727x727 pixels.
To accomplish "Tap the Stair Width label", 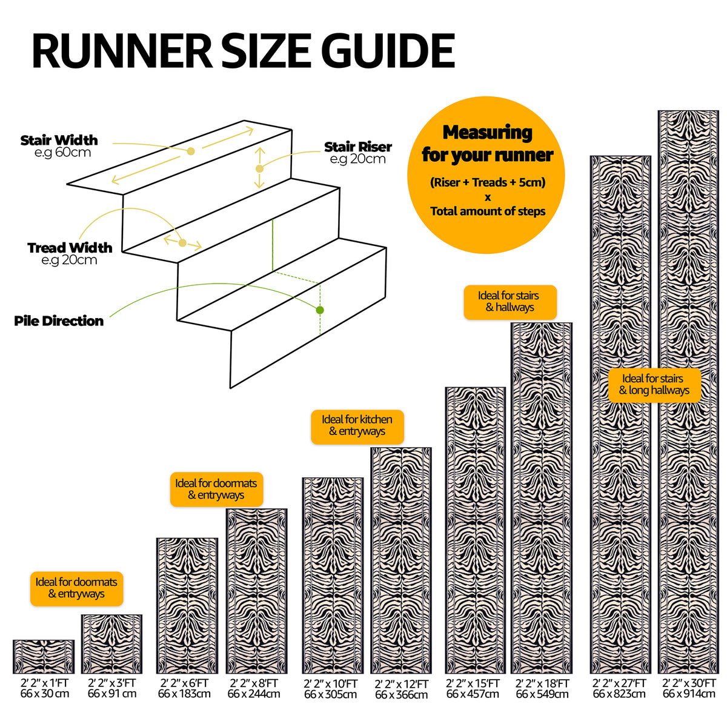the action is [x=59, y=141].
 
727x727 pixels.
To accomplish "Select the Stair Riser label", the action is [x=358, y=147].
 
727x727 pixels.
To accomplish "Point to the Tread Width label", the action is [x=70, y=248].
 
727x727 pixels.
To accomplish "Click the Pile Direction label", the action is [x=59, y=321].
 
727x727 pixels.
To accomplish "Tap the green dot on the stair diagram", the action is [x=320, y=310].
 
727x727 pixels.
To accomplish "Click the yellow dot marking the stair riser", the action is [x=259, y=168].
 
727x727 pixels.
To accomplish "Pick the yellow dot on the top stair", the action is [x=191, y=151].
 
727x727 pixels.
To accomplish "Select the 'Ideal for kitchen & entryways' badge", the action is [x=357, y=427].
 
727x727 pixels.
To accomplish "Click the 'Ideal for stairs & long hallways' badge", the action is [x=654, y=385].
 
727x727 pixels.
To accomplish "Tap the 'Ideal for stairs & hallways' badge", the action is [x=510, y=302].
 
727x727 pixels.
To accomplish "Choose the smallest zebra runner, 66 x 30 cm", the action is [x=44, y=657].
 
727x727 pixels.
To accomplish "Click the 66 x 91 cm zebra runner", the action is [x=111, y=645].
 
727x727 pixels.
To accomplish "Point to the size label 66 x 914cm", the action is [x=689, y=694].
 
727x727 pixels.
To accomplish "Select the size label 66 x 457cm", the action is [x=473, y=694].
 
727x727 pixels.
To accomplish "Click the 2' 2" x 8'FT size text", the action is [x=254, y=683].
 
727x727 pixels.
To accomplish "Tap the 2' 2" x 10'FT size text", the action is [x=331, y=683].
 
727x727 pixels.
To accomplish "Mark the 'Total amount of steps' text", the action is [x=488, y=211].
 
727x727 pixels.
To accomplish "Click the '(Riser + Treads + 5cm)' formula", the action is [x=488, y=182].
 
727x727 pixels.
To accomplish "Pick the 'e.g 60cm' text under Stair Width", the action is [x=62, y=153].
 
